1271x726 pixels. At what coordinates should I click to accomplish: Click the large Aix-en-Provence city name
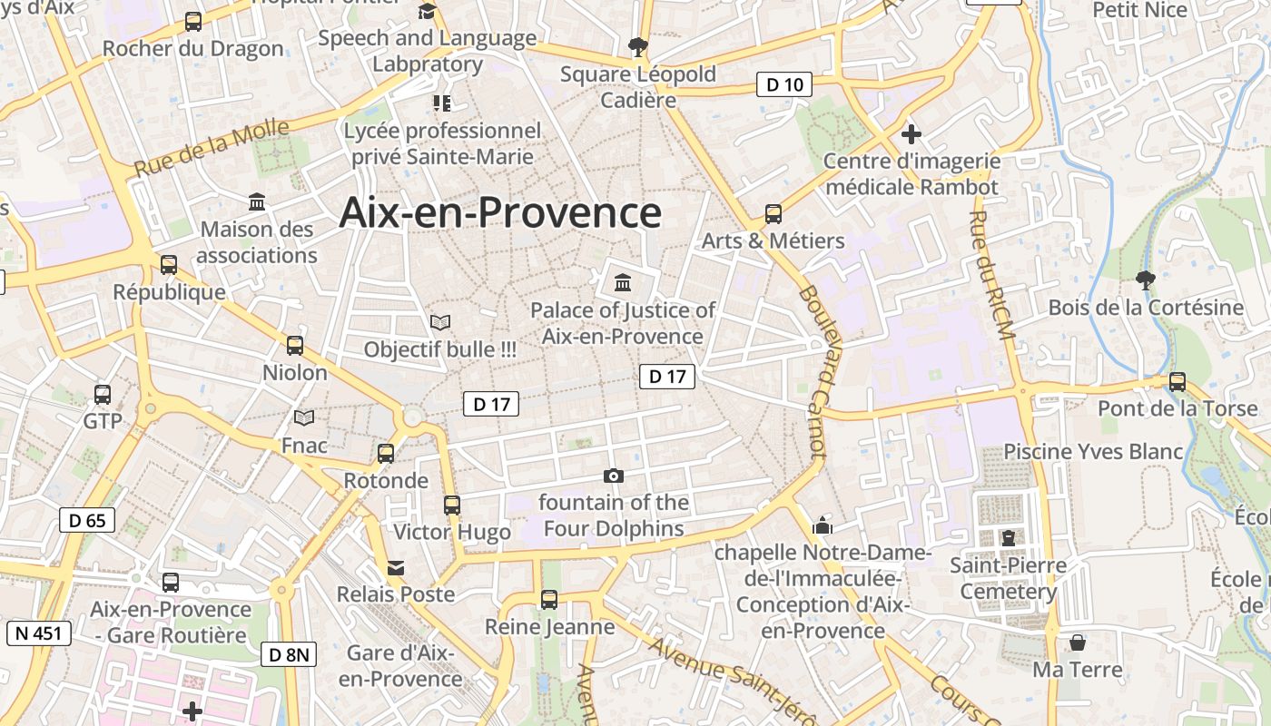pos(500,213)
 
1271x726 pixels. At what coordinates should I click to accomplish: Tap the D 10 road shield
pos(784,85)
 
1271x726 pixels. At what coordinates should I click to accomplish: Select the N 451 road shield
pos(38,633)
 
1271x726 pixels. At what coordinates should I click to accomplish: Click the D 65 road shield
pos(87,520)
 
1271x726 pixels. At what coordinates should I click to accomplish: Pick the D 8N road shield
pos(290,654)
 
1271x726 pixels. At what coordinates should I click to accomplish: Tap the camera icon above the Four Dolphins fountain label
pos(614,476)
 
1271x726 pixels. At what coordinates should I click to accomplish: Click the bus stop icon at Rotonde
pos(386,453)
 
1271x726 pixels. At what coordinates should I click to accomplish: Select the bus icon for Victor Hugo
pos(452,505)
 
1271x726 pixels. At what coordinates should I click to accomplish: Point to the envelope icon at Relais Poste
pos(396,568)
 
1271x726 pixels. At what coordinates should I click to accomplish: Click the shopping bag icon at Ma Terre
pos(1078,643)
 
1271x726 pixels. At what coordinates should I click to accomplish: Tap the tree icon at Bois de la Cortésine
pos(1146,280)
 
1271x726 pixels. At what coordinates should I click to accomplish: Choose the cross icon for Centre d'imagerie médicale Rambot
pos(911,134)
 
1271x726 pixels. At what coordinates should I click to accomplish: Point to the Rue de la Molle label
pos(211,148)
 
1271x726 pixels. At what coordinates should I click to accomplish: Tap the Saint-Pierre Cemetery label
pos(1009,579)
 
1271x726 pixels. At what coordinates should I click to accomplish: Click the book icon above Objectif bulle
pos(440,322)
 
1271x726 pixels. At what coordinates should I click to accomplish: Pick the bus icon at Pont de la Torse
pos(1177,381)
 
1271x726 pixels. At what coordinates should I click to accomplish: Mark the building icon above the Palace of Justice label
pos(623,282)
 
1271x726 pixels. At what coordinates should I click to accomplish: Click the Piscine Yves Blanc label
pos(1093,451)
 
